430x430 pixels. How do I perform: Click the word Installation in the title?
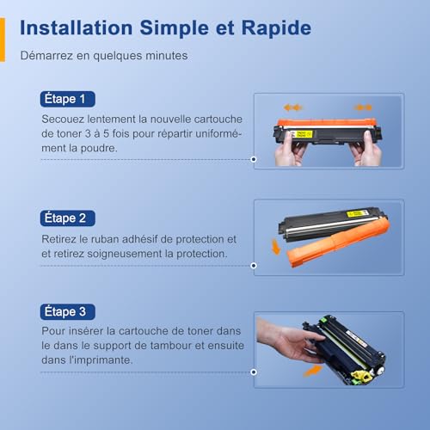click(x=77, y=28)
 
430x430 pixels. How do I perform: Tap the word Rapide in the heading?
click(x=276, y=28)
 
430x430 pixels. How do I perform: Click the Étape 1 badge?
click(x=68, y=99)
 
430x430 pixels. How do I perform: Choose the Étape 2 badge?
click(x=68, y=218)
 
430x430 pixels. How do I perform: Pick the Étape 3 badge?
click(x=68, y=311)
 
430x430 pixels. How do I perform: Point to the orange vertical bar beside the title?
click(x=3, y=40)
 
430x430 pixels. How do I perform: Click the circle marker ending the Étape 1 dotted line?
click(x=254, y=159)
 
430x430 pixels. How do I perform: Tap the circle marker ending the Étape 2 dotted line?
click(x=254, y=266)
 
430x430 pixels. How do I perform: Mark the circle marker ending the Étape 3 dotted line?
click(x=254, y=372)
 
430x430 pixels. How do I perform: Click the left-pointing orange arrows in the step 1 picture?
click(x=292, y=107)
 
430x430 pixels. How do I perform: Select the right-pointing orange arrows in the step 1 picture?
click(x=363, y=107)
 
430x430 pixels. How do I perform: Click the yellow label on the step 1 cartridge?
click(x=303, y=134)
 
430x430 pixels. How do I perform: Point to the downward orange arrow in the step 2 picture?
click(x=276, y=247)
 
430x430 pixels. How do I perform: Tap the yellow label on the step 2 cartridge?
click(x=357, y=213)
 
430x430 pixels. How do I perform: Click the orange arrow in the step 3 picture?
click(x=313, y=370)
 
